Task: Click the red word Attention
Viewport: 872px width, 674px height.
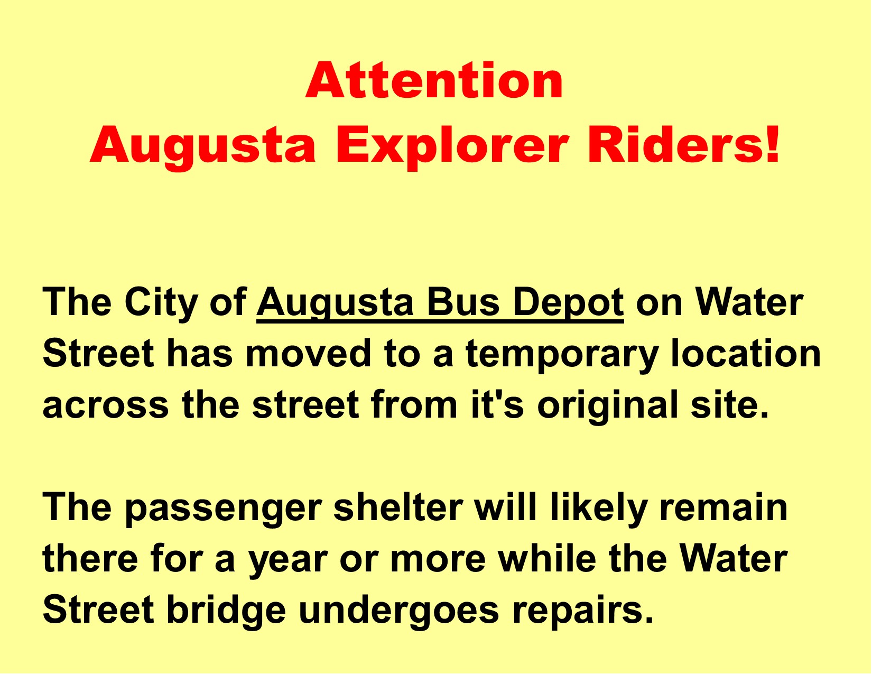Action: [434, 80]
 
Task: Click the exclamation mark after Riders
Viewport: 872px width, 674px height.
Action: [772, 144]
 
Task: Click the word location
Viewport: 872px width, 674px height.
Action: [746, 354]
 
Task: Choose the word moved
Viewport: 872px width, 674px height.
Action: [308, 354]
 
